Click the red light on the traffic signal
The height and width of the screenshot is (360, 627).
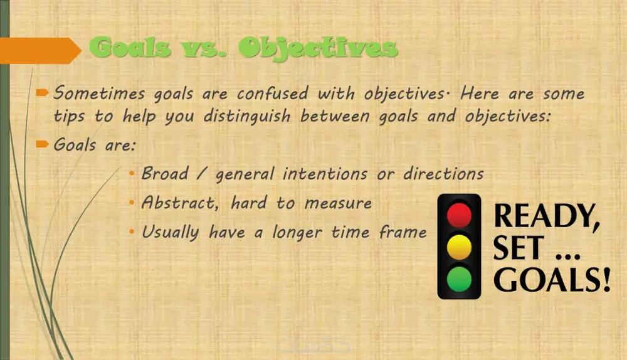click(x=459, y=215)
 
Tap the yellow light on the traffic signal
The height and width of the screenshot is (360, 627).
click(x=459, y=247)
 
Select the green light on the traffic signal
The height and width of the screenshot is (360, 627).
click(x=459, y=279)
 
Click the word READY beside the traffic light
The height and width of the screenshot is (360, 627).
click(x=547, y=216)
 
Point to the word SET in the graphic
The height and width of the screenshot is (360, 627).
click(x=519, y=248)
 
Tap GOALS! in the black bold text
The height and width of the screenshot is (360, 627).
click(x=552, y=279)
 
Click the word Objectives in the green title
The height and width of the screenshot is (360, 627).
click(x=319, y=48)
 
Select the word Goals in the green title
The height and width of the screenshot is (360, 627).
click(x=130, y=47)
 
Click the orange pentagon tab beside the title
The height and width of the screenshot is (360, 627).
click(x=41, y=51)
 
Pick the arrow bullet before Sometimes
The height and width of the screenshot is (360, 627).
click(x=42, y=93)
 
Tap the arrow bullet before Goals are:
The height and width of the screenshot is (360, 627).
click(x=42, y=144)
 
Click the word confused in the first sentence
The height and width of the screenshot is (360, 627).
click(x=272, y=93)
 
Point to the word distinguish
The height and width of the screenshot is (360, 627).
click(x=247, y=117)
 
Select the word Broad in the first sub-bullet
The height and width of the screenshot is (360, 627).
click(x=165, y=174)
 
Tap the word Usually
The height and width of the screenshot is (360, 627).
click(x=171, y=232)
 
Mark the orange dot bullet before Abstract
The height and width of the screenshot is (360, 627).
click(x=132, y=203)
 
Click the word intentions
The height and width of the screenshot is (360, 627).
click(x=325, y=174)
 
